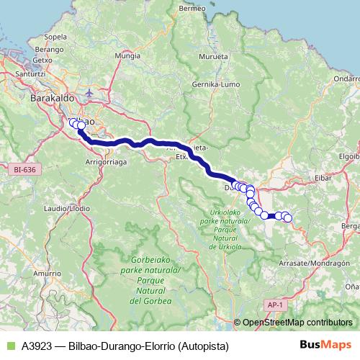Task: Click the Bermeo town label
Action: point(192,9)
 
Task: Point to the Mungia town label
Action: point(127,55)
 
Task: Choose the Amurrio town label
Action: point(48,273)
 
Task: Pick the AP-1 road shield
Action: point(273,305)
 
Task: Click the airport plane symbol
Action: point(89,93)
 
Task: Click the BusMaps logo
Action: point(325,345)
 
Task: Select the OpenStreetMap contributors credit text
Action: point(297,323)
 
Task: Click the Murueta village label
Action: point(214,55)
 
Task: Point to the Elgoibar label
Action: point(348,155)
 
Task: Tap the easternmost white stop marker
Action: point(287,217)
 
